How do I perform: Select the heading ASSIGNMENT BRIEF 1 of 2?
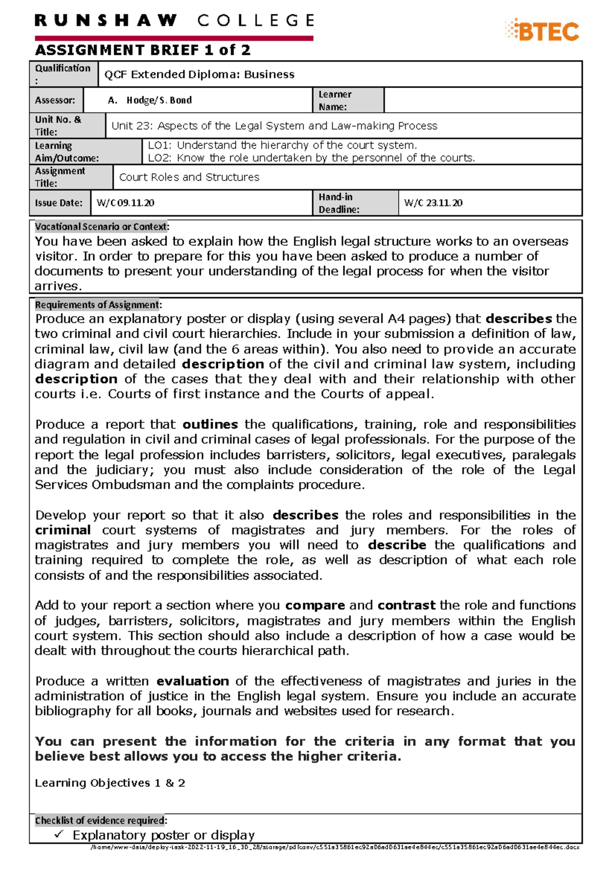142,50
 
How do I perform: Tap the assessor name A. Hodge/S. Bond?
150,100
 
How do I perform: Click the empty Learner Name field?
482,100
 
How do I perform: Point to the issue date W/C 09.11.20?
125,203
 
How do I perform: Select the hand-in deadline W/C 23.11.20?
433,203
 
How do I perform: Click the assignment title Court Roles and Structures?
189,177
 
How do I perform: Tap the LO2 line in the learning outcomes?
311,158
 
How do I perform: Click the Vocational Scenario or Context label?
101,226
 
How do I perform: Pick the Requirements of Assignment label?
98,305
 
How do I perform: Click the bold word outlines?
210,425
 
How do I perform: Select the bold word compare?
315,606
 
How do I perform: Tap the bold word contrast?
406,606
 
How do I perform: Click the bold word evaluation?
193,681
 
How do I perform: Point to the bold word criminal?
63,530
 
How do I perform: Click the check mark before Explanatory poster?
59,835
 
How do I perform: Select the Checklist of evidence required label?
100,820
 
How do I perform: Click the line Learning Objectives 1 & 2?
110,783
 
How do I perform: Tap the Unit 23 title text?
274,126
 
